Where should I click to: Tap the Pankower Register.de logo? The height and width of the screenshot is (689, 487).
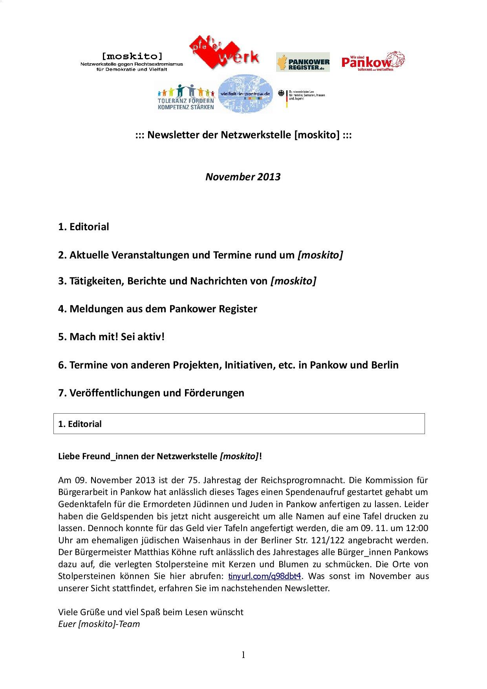pyautogui.click(x=303, y=62)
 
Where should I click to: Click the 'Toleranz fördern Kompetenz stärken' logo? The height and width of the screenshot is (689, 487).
pyautogui.click(x=186, y=98)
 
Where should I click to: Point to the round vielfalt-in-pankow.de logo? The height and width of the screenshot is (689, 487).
pyautogui.click(x=245, y=95)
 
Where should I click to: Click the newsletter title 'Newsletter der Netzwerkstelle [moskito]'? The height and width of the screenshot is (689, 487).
pyautogui.click(x=243, y=135)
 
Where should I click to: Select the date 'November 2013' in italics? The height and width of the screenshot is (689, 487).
pyautogui.click(x=243, y=177)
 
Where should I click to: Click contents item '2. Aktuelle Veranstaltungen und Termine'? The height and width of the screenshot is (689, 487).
pyautogui.click(x=200, y=255)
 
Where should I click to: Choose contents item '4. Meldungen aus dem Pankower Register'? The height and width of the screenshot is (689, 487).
pyautogui.click(x=157, y=309)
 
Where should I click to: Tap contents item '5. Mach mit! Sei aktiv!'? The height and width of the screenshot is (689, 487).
pyautogui.click(x=111, y=337)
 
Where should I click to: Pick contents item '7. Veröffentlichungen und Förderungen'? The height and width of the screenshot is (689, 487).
pyautogui.click(x=151, y=393)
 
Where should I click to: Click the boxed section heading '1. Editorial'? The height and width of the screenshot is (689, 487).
pyautogui.click(x=80, y=424)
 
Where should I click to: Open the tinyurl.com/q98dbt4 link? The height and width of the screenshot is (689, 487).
pyautogui.click(x=265, y=576)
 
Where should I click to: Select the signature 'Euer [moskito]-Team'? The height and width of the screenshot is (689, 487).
pyautogui.click(x=99, y=624)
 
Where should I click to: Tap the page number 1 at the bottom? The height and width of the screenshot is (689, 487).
pyautogui.click(x=243, y=655)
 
